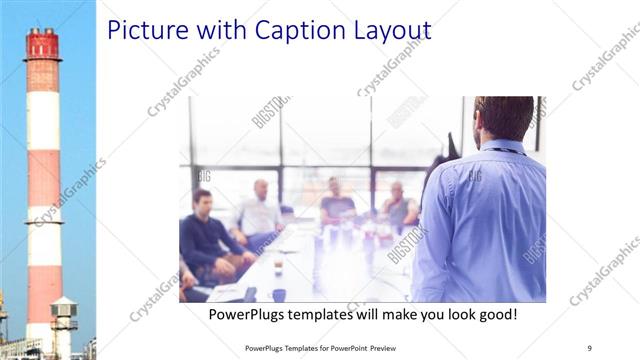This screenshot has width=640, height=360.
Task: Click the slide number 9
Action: click(x=590, y=347)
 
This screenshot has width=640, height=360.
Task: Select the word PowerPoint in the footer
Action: click(x=344, y=348)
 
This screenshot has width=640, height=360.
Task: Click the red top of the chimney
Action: click(x=42, y=44)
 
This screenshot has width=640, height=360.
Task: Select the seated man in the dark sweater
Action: click(x=206, y=235)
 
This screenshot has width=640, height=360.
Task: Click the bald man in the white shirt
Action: click(x=260, y=210)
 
